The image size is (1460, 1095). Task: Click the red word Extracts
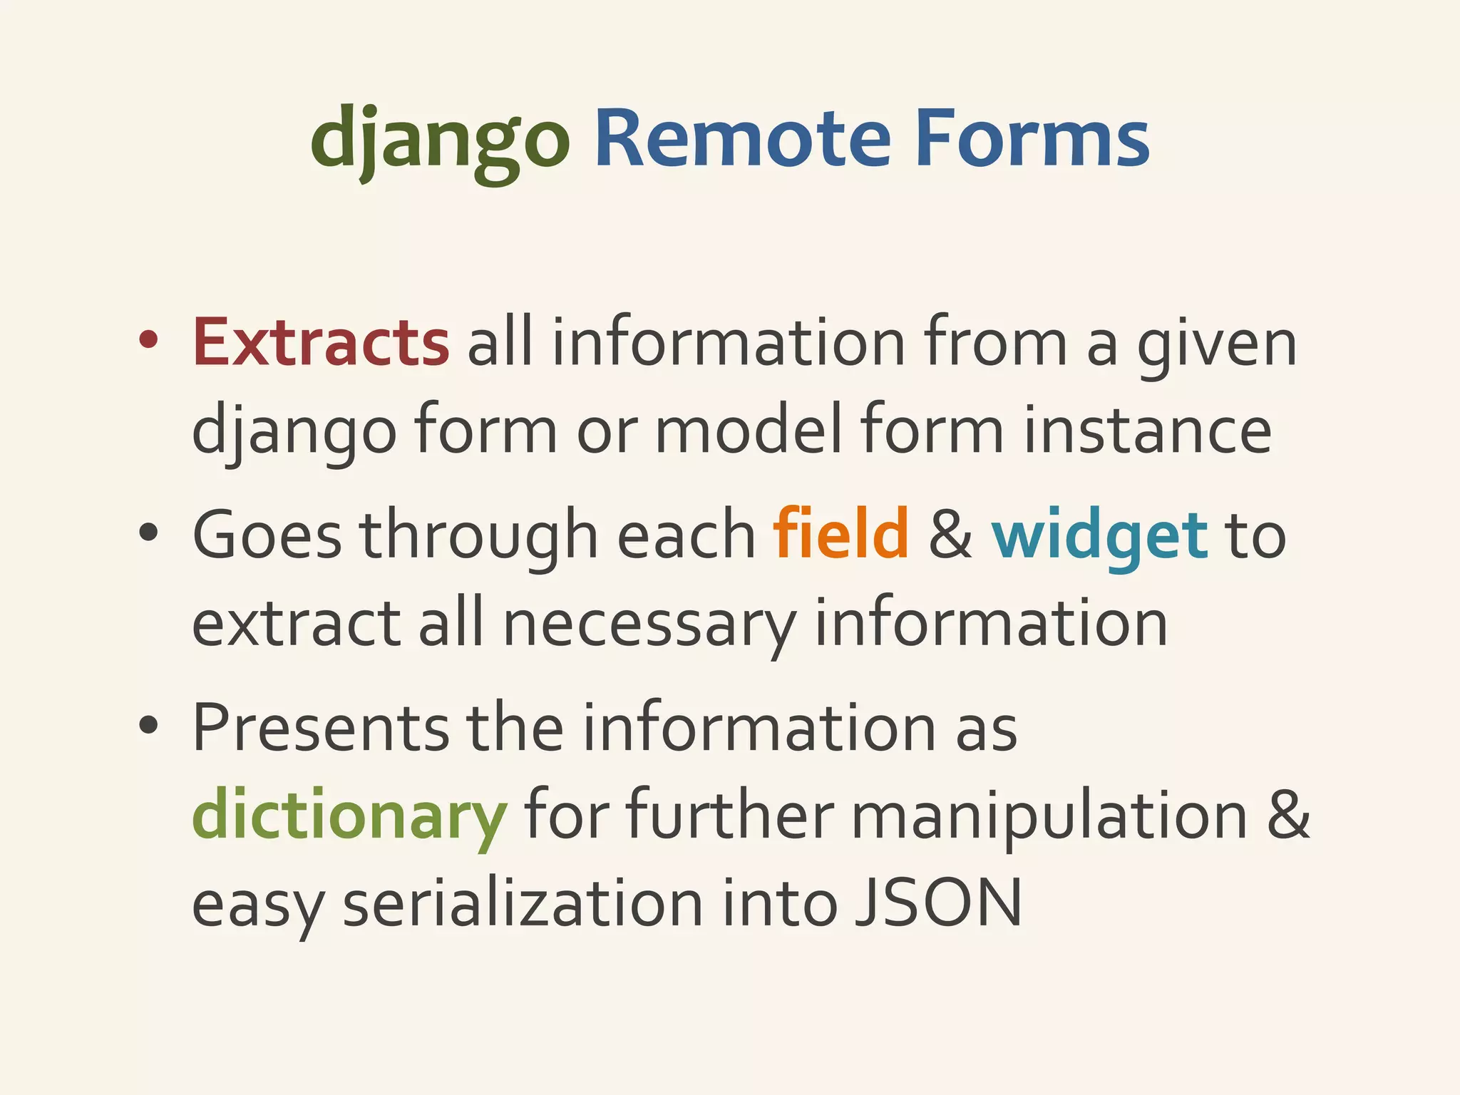[320, 343]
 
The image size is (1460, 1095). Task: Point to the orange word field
[841, 535]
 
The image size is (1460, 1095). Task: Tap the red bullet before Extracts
[148, 341]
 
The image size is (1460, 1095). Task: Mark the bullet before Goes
[148, 533]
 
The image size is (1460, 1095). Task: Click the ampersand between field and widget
[950, 535]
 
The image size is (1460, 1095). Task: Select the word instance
[1147, 431]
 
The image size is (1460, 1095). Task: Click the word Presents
[320, 727]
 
